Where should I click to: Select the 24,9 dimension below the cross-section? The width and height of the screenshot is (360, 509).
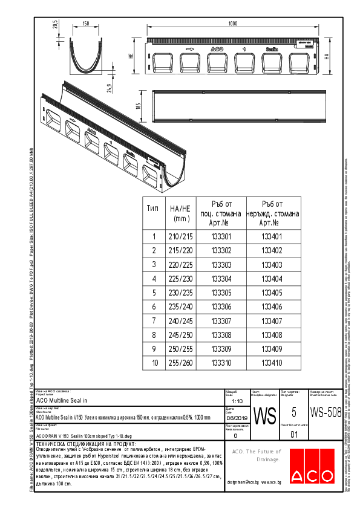click(110, 88)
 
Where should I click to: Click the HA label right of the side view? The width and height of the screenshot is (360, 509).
click(326, 56)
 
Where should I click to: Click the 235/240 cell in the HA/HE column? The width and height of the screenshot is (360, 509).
click(180, 307)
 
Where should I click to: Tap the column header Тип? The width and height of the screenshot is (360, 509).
click(153, 208)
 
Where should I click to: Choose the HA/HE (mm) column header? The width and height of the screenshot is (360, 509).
click(180, 213)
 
